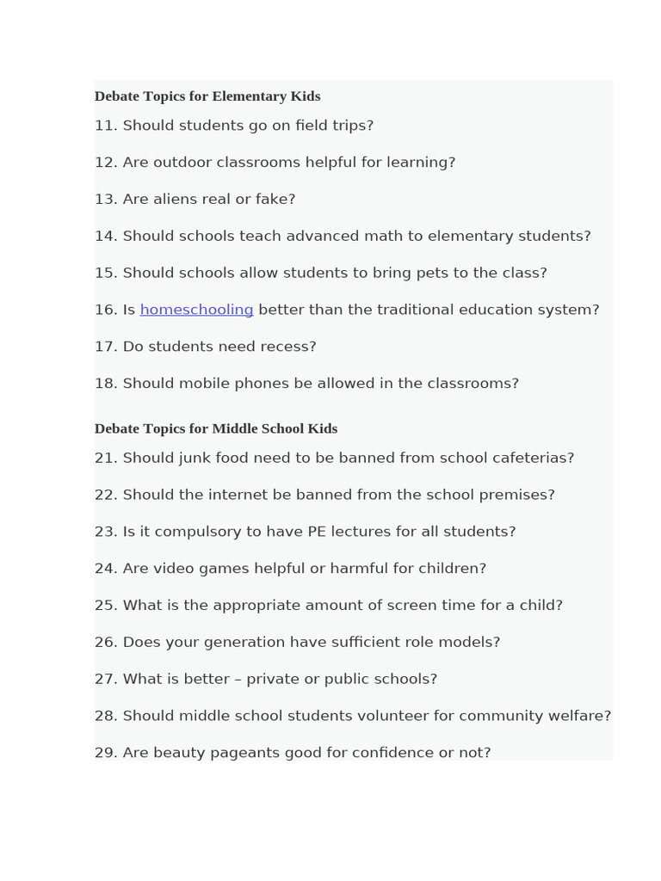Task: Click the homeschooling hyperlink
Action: pos(196,310)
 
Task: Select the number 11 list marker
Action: pos(106,126)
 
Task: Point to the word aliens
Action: pos(180,200)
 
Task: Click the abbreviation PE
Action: pos(318,532)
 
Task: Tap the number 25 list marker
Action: pos(106,606)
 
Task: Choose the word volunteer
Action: pos(394,716)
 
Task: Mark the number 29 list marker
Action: pos(106,753)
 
